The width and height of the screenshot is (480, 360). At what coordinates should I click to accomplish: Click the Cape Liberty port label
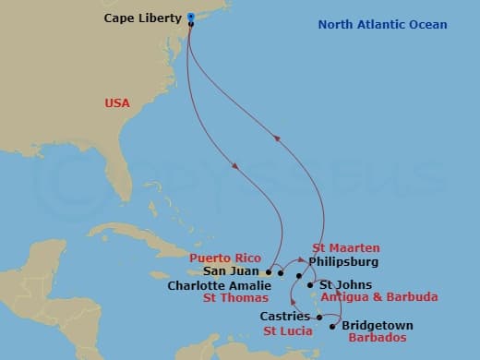pos(143,18)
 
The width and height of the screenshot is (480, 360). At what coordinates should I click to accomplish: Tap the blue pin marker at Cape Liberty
pos(190,17)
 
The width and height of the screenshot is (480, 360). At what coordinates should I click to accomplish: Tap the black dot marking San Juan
pos(269,272)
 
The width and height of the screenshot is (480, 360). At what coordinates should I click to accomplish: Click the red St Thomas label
pos(236,298)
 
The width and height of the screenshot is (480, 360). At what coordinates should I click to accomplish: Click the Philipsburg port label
pos(343,262)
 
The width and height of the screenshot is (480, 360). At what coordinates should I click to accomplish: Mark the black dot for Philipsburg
pos(299,275)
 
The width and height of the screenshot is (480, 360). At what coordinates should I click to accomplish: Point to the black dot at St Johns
pos(310,285)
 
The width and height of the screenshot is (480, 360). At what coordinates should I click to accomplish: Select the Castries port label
pos(284,318)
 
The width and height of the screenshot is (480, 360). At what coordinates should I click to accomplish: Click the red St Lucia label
pos(287,330)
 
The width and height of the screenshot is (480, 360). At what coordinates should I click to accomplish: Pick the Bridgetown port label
pos(378,326)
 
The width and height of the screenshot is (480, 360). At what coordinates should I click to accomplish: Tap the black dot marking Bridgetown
pos(332,326)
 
